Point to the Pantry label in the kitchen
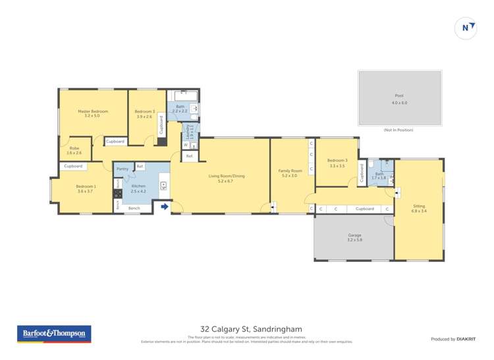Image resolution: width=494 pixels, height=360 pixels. [x=123, y=169]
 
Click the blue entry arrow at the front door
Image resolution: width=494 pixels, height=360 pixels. [x=164, y=207]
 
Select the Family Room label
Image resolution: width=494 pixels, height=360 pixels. [x=289, y=172]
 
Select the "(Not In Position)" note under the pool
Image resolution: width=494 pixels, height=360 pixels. [x=398, y=130]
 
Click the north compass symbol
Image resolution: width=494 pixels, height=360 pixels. [x=466, y=28]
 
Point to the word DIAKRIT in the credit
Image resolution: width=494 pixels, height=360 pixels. [x=466, y=339]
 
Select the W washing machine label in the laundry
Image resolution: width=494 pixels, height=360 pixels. [x=186, y=145]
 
